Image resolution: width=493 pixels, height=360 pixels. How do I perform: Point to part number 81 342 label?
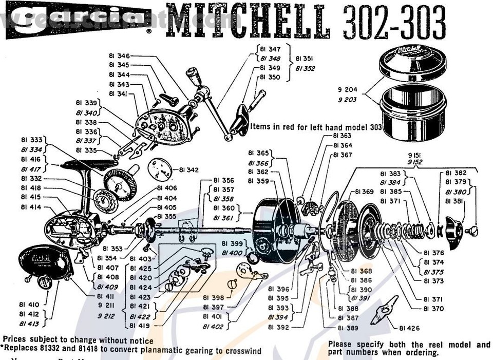tap(188, 169)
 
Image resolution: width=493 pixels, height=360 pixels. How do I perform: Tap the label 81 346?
tap(119, 55)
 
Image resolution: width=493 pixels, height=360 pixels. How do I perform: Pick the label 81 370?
tap(434, 309)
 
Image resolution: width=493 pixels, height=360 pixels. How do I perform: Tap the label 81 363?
tap(342, 136)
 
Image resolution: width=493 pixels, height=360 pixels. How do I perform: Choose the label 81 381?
tap(456, 201)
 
